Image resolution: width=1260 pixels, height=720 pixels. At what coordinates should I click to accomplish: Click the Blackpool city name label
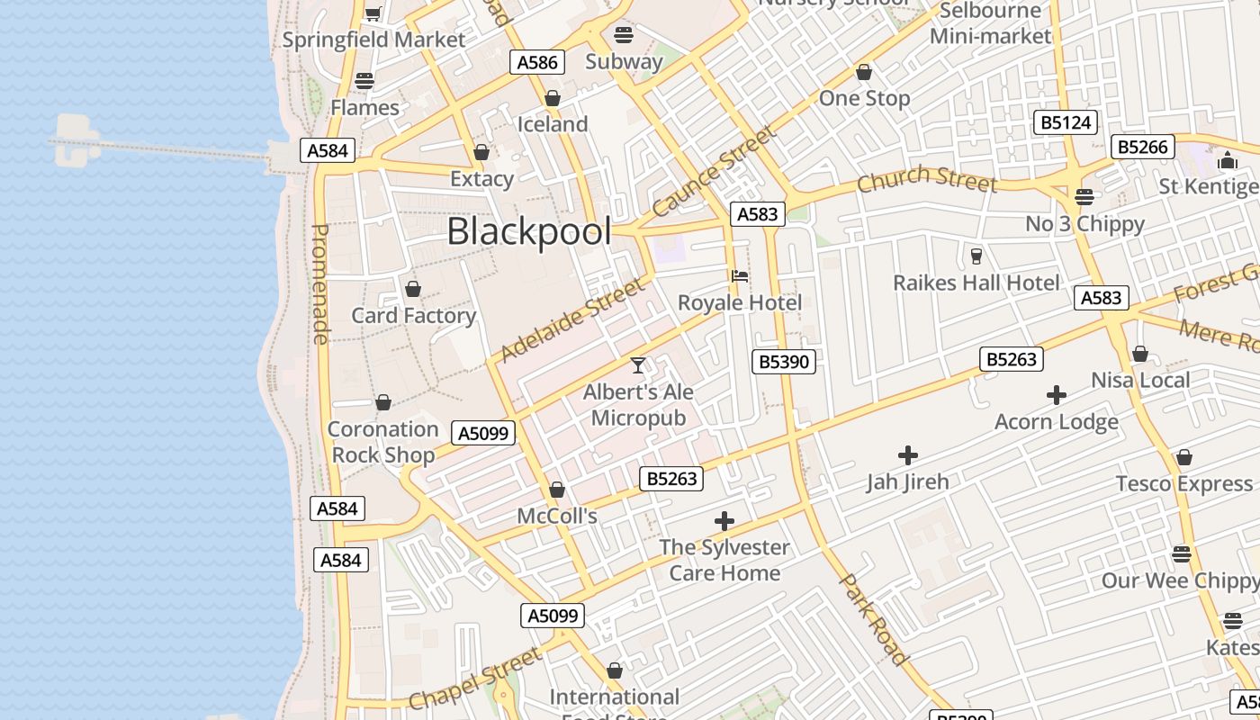point(529,231)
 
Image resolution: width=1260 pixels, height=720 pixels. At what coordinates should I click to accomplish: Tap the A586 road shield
point(538,62)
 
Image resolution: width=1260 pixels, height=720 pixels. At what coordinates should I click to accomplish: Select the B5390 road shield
point(784,362)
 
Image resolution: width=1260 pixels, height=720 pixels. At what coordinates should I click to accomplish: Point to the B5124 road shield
point(1066,122)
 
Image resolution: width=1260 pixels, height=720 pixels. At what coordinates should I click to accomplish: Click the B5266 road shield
point(1143,147)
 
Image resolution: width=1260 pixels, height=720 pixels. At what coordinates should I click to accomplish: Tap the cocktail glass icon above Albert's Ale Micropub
point(638,364)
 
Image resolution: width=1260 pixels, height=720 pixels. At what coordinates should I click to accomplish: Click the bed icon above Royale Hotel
point(740,275)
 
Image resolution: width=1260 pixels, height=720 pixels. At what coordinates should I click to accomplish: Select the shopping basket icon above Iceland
point(553,98)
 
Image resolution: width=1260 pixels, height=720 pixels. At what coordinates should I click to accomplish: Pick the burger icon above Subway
point(624,35)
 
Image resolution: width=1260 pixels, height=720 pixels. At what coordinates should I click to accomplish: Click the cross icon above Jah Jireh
point(908,455)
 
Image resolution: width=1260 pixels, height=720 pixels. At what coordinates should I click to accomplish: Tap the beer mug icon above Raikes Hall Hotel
point(976,256)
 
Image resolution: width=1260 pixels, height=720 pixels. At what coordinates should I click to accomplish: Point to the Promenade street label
point(320,283)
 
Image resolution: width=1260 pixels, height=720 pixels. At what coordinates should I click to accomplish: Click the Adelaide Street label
point(572,319)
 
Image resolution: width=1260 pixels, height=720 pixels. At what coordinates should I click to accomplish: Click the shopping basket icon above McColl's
point(557,490)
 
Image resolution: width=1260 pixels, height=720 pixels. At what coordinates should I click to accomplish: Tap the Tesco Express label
point(1184,483)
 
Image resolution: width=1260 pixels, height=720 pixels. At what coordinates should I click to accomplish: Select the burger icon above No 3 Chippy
point(1084,197)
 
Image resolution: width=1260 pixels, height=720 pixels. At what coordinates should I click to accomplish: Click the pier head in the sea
point(76,142)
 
